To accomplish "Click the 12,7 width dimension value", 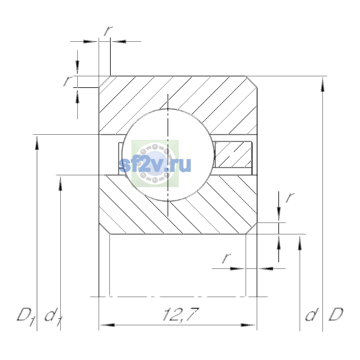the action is [181, 315].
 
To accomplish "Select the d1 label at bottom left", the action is [53, 317].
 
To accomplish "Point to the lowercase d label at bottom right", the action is [312, 314].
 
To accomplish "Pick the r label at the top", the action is [108, 31].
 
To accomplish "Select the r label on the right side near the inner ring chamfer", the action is [290, 198].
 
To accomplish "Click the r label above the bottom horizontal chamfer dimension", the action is [226, 258].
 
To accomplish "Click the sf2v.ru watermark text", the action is [155, 165].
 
